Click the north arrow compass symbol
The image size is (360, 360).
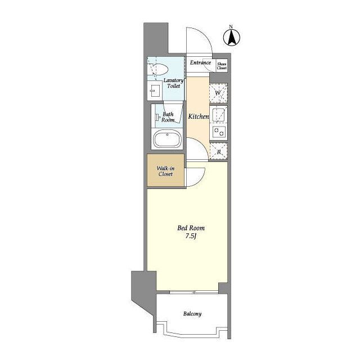click(232, 36)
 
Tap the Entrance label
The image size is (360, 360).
click(200, 62)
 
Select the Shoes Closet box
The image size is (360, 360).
click(222, 66)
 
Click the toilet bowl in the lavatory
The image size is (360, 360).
click(159, 69)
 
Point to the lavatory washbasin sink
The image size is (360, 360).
click(154, 91)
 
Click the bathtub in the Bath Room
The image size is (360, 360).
click(168, 138)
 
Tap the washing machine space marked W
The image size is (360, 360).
click(218, 93)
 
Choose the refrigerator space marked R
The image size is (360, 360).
click(219, 151)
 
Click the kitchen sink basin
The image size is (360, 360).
click(218, 115)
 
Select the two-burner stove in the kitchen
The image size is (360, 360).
click(219, 132)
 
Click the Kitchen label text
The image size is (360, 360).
click(199, 116)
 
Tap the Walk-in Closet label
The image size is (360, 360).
click(165, 171)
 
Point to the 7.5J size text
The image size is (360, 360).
click(191, 236)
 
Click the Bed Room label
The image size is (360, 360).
click(191, 228)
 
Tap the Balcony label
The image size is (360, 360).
click(192, 314)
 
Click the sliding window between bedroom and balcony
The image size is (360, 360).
click(194, 292)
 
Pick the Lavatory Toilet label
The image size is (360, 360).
click(174, 83)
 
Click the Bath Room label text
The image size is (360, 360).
click(168, 117)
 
